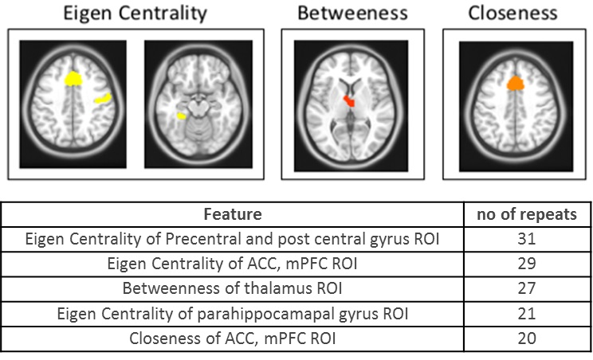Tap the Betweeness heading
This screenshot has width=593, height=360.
pos(351,13)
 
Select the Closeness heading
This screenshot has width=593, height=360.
pos(512,13)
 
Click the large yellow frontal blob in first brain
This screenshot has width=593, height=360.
pos(73,78)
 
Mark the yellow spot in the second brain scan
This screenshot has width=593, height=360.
pos(182,116)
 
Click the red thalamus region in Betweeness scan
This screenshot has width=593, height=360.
pos(349,101)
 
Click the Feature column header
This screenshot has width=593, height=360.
pos(233,214)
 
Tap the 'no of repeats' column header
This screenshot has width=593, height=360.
pos(526,214)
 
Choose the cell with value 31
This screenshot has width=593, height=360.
pos(526,238)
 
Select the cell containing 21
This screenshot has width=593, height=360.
pos(526,313)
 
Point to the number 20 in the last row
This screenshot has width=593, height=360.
pos(526,338)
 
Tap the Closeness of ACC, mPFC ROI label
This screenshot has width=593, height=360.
pos(233,338)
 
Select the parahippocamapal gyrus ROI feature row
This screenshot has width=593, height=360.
pos(233,313)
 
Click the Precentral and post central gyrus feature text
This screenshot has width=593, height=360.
pos(233,238)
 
